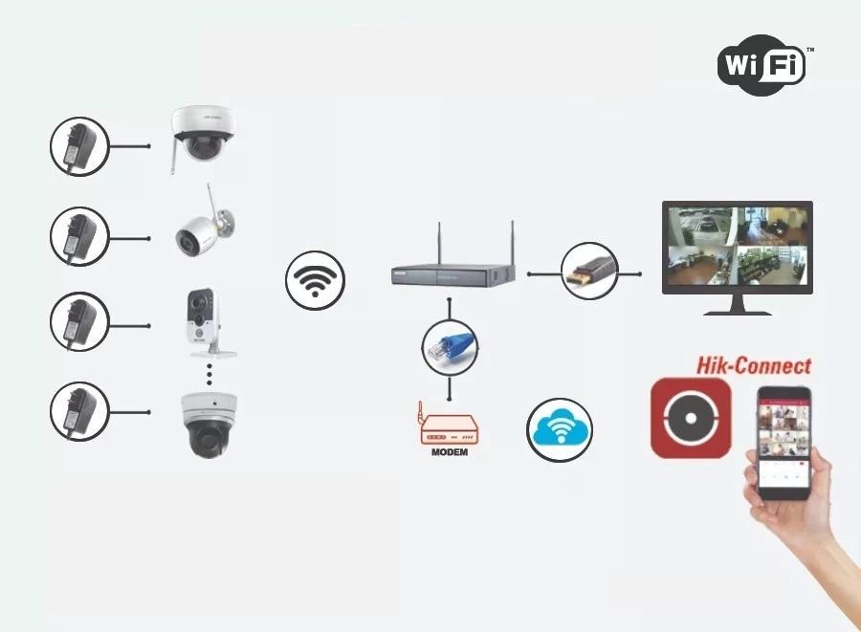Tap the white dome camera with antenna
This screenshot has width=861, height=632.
pyautogui.click(x=202, y=134)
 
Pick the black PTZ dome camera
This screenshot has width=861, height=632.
pyautogui.click(x=208, y=425)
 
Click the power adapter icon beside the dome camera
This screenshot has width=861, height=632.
pyautogui.click(x=79, y=146)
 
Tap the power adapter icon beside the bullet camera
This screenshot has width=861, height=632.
pyautogui.click(x=79, y=236)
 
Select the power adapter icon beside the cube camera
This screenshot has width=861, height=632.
pyautogui.click(x=79, y=322)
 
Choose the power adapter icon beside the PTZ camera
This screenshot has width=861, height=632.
pyautogui.click(x=79, y=412)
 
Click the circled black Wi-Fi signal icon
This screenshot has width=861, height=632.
pyautogui.click(x=315, y=279)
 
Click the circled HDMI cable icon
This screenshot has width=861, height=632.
pyautogui.click(x=588, y=272)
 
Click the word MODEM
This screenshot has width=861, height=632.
pyautogui.click(x=449, y=451)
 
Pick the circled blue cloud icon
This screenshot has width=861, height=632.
pyautogui.click(x=560, y=430)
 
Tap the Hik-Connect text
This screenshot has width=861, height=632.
pyautogui.click(x=753, y=365)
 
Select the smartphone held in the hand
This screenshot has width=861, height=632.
pyautogui.click(x=784, y=441)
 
